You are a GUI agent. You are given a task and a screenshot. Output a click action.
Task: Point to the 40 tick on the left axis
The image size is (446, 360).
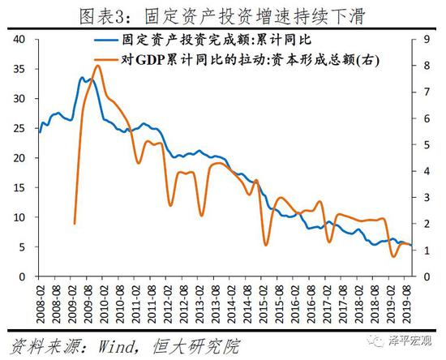tap(21, 39)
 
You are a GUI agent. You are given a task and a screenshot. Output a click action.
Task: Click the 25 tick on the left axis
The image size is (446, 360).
tap(21, 128)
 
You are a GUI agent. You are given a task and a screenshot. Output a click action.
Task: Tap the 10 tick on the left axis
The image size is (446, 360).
tap(21, 217)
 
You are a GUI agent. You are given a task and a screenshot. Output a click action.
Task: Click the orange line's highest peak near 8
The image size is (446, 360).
tap(97, 66)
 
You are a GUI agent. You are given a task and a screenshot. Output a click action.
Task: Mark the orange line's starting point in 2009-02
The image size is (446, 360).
tap(75, 223)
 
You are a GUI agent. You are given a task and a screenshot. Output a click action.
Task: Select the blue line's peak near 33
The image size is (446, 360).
tap(82, 79)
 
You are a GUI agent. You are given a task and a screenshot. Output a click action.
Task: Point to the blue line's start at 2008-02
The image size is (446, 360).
tap(39, 132)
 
